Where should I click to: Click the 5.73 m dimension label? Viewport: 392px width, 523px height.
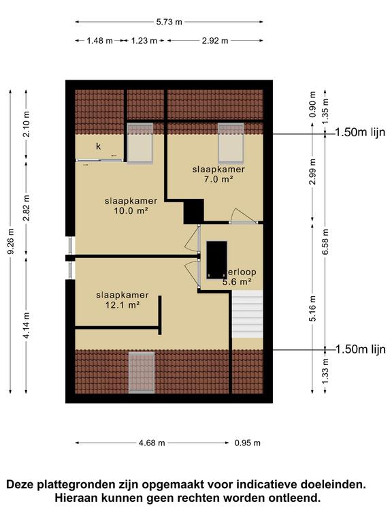coord(169,22)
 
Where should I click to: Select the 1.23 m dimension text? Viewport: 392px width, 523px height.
coord(144,41)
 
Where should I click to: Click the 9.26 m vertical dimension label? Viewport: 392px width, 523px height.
coord(10,242)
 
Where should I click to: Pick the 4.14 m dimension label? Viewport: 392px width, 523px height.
coord(27,328)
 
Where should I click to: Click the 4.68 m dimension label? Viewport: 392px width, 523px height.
coord(152,443)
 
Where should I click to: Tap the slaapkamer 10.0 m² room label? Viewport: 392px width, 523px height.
coord(131,206)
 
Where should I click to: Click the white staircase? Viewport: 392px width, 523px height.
coord(247,314)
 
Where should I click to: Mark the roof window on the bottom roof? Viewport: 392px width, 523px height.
coord(142,372)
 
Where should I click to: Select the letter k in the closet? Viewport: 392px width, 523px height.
coord(98,146)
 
